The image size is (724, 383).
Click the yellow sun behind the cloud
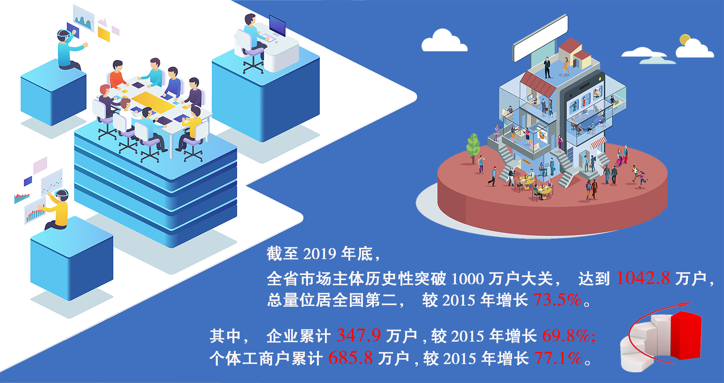tap(685, 39)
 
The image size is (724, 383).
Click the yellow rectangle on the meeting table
tap(153, 101)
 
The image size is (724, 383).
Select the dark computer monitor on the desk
tap(277, 25)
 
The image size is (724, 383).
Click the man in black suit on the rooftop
tap(547, 68)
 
